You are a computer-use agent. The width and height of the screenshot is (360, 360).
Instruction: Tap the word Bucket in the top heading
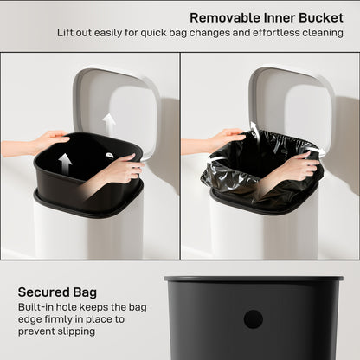click(320, 17)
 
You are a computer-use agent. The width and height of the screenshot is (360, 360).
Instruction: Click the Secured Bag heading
click(56, 292)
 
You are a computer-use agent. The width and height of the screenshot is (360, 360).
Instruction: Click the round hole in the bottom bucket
click(253, 318)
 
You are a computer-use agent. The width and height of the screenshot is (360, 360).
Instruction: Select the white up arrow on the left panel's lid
click(109, 124)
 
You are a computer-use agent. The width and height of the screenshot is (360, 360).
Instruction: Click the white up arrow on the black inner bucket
click(65, 164)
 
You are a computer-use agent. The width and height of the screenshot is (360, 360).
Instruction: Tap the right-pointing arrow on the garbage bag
click(313, 152)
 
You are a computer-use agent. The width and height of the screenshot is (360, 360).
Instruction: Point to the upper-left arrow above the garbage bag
click(254, 130)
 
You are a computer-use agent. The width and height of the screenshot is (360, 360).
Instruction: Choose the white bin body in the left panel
click(87, 234)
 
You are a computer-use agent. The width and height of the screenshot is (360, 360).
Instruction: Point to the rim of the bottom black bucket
click(253, 280)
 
